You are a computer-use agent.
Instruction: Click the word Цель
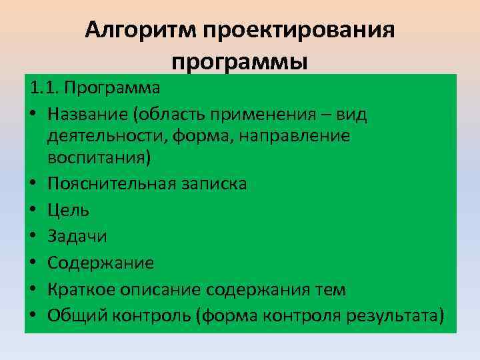[x=68, y=210]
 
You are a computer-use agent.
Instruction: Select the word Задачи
[x=77, y=236]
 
